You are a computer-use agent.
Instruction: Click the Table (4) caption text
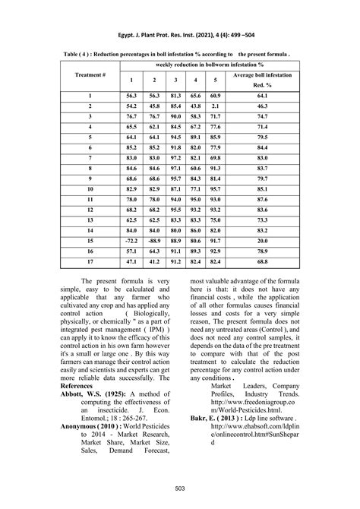point(180,55)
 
